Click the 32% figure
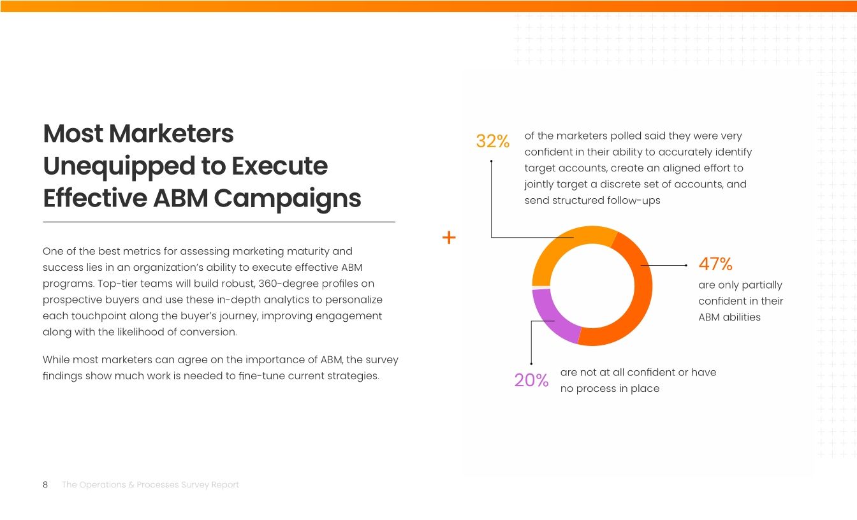click(x=492, y=141)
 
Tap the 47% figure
click(x=715, y=264)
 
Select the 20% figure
click(x=531, y=380)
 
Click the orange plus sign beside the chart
click(x=449, y=238)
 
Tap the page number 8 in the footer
click(x=45, y=485)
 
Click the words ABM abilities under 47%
click(x=729, y=317)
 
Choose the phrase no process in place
click(x=610, y=389)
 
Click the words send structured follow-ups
click(x=592, y=201)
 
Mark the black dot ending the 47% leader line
click(x=685, y=265)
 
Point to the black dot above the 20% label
click(x=531, y=364)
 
